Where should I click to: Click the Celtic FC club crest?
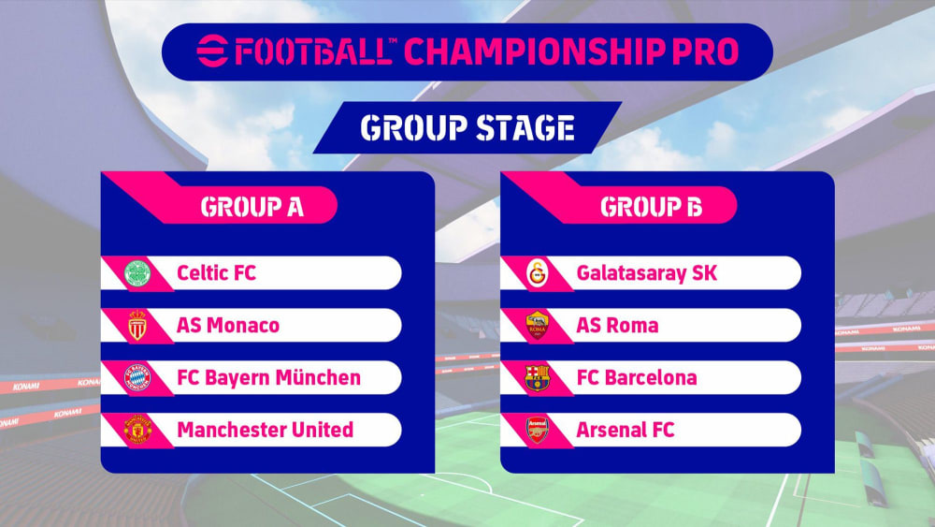[137, 273]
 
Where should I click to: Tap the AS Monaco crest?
[137, 325]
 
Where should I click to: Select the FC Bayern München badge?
[137, 378]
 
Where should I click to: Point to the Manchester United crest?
[137, 430]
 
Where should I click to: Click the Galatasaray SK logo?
[538, 273]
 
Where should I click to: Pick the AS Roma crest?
[538, 325]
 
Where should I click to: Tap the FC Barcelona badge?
[538, 378]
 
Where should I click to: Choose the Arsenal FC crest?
[538, 430]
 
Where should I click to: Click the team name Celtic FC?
[217, 273]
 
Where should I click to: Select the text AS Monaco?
[228, 325]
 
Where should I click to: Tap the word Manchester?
[231, 430]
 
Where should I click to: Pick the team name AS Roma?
[617, 325]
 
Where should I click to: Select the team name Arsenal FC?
[625, 430]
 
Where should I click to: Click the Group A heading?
[252, 207]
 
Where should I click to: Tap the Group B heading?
[651, 207]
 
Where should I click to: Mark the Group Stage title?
[467, 127]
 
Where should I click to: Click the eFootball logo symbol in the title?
[213, 51]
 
